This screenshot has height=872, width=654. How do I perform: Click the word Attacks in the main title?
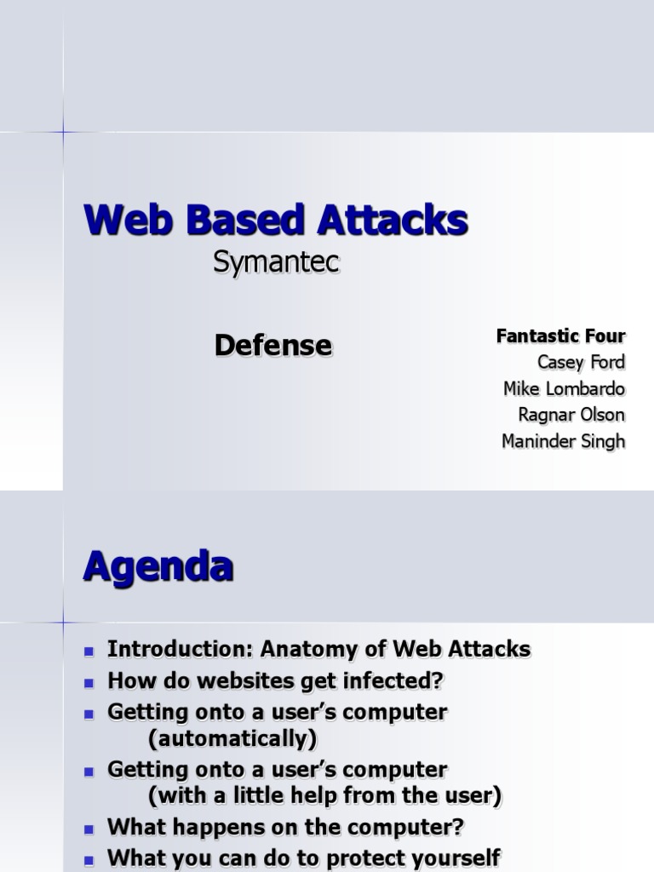coord(393,221)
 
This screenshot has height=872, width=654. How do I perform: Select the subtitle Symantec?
coord(276,264)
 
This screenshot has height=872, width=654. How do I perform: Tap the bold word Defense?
coord(272,345)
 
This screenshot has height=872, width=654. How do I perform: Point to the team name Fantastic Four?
coord(560,336)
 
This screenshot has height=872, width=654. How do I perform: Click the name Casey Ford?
coord(581,362)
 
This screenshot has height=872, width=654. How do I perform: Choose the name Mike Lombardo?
coord(564,388)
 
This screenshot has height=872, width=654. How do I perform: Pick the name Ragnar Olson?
coord(571,415)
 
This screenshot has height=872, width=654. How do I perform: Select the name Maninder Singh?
coord(563,441)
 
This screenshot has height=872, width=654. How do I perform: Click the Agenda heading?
coord(158,566)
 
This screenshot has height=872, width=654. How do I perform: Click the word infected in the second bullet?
coord(395,681)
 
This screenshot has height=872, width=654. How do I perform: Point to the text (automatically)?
coord(232,737)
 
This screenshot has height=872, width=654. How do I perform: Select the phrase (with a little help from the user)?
coord(324,796)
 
